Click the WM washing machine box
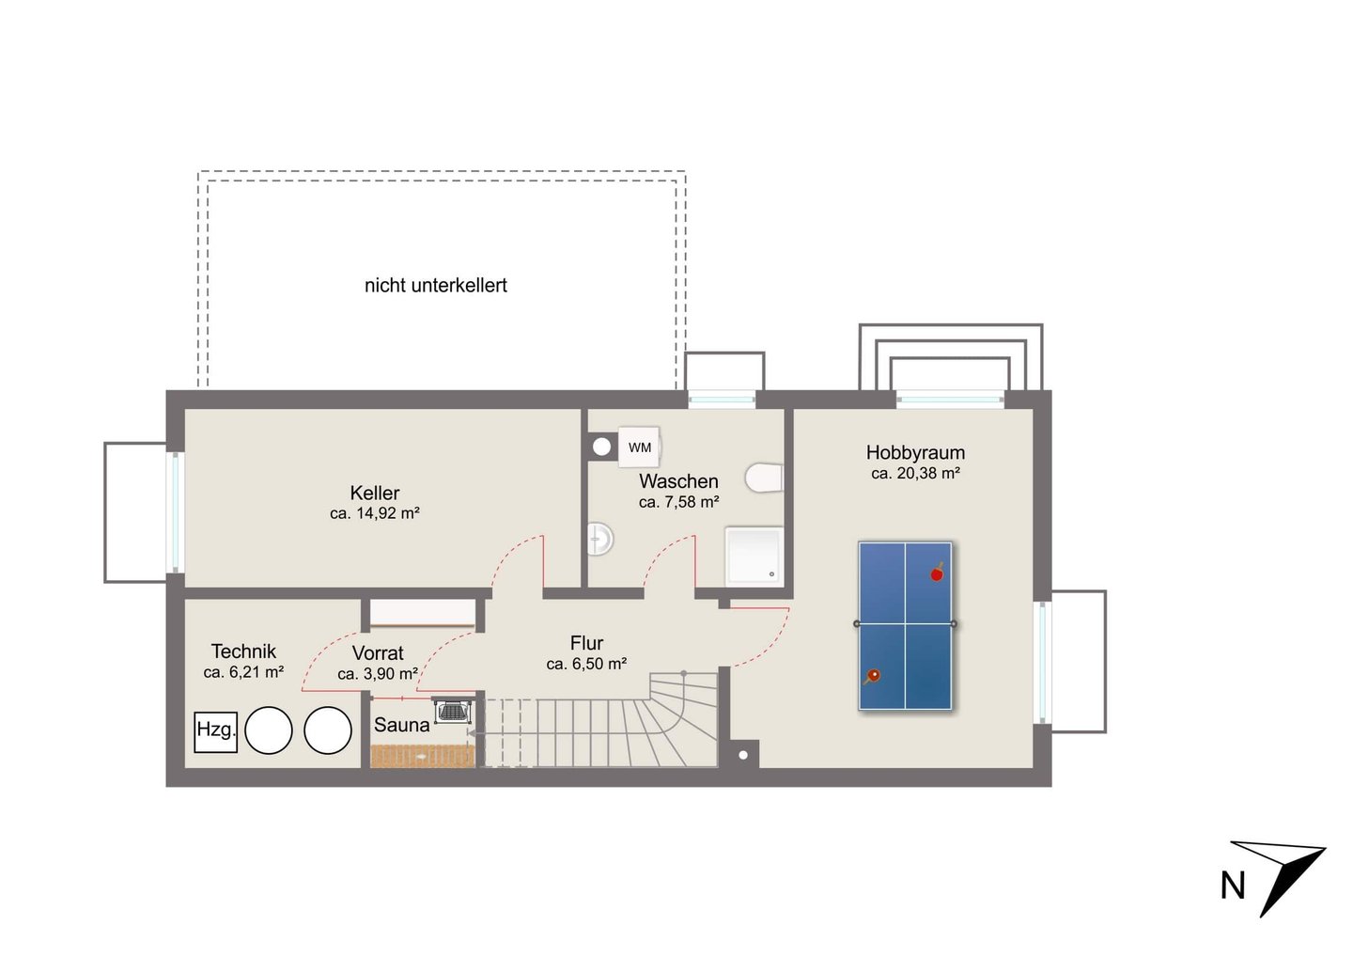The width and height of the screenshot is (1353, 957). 639,447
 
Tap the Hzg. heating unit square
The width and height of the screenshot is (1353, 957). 216,732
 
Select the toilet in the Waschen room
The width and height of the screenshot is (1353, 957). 764,478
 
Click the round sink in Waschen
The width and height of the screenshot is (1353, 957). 600,539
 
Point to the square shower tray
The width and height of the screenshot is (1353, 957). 754,557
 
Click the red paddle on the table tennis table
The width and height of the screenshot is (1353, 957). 937,573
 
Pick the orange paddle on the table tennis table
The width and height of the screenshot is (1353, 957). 872,677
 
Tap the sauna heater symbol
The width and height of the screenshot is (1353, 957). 453,711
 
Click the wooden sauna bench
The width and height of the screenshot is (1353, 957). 422,757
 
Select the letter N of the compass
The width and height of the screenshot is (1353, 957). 1233,886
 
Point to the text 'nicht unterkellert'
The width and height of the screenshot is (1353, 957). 436,285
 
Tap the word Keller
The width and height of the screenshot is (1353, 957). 375,493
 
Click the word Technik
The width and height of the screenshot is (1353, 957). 243,651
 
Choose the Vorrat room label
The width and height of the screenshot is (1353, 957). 378,653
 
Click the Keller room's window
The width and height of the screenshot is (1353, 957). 175,512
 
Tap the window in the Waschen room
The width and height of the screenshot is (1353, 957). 722,399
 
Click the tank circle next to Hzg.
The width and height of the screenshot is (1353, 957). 268,730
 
